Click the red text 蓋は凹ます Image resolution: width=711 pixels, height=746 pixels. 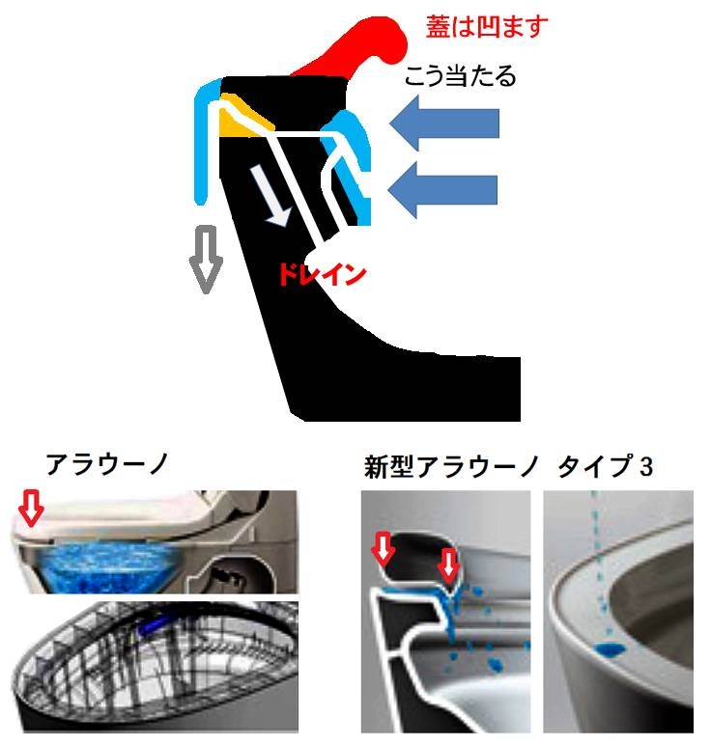[486, 27]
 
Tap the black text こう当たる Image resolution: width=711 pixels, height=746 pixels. [460, 76]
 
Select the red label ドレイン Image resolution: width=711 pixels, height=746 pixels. [322, 274]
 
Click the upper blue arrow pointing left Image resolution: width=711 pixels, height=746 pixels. [443, 124]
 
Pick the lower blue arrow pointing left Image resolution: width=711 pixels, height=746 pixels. [442, 190]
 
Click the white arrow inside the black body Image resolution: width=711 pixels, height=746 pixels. [270, 196]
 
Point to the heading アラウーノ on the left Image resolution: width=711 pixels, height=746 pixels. [106, 464]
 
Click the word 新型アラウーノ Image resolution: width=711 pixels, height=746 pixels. [451, 466]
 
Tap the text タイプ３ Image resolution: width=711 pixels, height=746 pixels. [606, 466]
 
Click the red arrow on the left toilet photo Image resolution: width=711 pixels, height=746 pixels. [31, 509]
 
